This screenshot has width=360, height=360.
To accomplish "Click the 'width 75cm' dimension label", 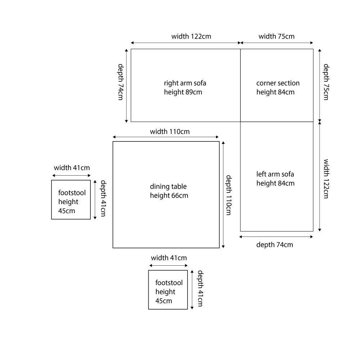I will (x=276, y=36).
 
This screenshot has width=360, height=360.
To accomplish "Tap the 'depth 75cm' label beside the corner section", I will (x=326, y=82).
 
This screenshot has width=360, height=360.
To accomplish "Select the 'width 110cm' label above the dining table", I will (x=170, y=132).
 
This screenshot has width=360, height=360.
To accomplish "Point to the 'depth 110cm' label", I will (x=229, y=195).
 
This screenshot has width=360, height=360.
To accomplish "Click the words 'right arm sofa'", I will (x=185, y=83).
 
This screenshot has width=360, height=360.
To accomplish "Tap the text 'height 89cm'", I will (x=183, y=92).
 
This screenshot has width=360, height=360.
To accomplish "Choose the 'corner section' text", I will (x=278, y=83).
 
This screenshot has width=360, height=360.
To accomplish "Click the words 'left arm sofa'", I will (x=275, y=174).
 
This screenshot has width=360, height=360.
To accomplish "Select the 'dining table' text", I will (x=168, y=186).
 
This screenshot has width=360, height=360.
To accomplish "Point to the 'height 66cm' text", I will (x=169, y=195).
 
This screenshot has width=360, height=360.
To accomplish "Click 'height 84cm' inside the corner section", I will (x=275, y=92).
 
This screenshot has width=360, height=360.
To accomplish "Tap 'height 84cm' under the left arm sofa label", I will (x=275, y=183).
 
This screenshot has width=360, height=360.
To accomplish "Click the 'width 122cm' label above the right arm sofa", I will (x=191, y=36).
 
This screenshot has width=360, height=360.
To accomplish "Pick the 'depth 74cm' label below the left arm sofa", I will (x=274, y=245).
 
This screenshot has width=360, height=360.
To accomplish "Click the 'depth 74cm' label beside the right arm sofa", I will (x=121, y=82).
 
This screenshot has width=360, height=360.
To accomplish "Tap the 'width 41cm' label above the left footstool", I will (x=72, y=168).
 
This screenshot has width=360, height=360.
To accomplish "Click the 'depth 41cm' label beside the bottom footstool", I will (x=200, y=289).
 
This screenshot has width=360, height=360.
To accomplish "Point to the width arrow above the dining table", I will (x=166, y=137).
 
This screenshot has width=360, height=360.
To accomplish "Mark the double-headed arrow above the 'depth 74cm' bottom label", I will (x=276, y=237).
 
